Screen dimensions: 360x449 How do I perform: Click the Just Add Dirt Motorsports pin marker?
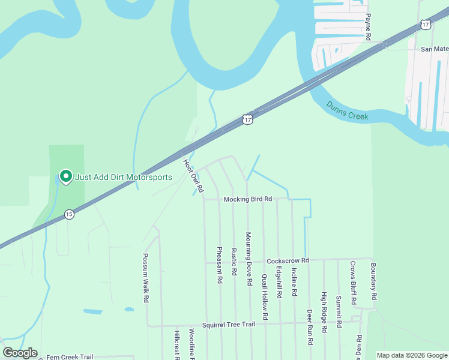click(65, 176)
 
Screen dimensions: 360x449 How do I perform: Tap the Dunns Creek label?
click(348, 111)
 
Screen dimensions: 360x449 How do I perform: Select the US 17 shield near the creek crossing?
click(247, 119)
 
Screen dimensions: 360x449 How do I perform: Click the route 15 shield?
click(69, 214)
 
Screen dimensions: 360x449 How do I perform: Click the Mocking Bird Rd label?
click(248, 199)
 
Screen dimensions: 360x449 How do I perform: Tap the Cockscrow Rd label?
click(288, 260)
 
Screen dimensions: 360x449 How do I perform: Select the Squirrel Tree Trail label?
click(228, 325)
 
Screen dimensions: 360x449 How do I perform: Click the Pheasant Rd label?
click(220, 265)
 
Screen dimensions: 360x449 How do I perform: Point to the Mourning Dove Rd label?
click(249, 258)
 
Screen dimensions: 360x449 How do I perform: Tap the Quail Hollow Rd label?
click(264, 296)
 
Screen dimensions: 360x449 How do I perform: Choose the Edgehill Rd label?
click(279, 283)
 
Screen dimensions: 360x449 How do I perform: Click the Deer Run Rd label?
click(310, 327)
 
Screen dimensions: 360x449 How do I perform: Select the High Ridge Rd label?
click(324, 312)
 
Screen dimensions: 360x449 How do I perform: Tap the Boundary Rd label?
click(373, 282)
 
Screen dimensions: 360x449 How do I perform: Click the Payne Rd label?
click(369, 28)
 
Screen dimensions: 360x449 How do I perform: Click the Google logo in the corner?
click(20, 353)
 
